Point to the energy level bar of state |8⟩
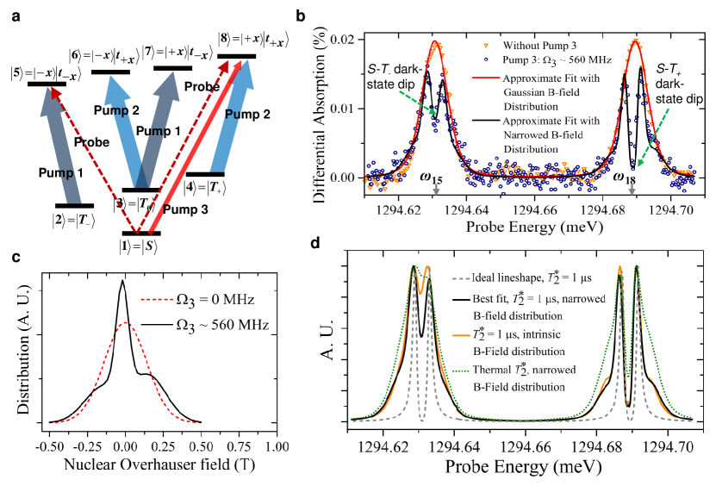[x=238, y=56]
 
